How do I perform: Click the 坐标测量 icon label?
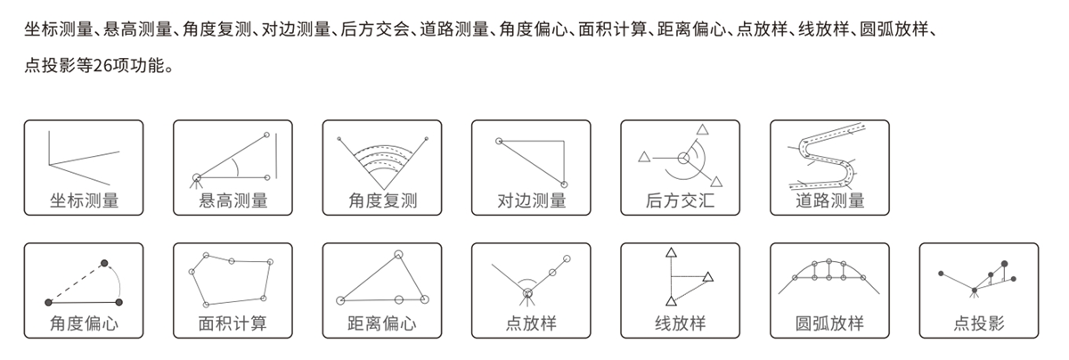click(84, 201)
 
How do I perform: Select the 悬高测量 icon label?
click(233, 201)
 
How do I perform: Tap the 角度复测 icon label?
click(382, 201)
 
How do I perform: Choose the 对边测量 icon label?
click(532, 201)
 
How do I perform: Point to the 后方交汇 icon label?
click(681, 201)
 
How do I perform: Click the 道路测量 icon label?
click(830, 201)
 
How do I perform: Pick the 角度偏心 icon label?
click(84, 323)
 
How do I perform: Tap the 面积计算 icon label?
click(233, 323)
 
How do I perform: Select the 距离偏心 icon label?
click(382, 323)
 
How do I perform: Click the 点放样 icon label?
click(532, 323)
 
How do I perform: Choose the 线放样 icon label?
click(681, 323)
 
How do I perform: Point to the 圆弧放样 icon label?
click(830, 323)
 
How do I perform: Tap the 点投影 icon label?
click(979, 323)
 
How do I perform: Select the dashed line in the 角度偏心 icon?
click(76, 282)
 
